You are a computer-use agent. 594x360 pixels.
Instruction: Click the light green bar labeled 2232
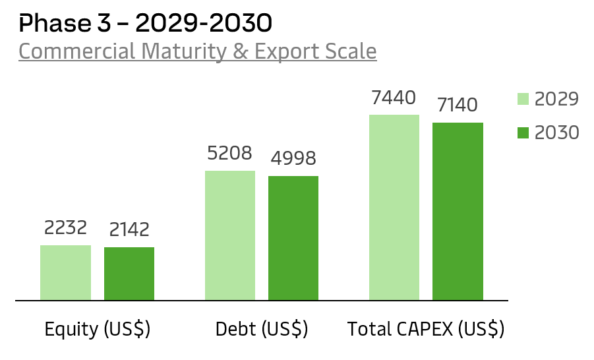tap(65, 272)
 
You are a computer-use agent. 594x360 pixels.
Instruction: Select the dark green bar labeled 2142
tap(129, 274)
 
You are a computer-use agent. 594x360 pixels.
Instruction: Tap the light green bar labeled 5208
tap(230, 235)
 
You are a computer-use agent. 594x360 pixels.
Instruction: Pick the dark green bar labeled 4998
tap(293, 238)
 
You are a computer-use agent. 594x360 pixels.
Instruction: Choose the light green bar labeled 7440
tap(394, 207)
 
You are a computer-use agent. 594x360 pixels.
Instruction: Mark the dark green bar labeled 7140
tap(458, 211)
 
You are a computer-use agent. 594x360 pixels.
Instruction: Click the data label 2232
tap(65, 227)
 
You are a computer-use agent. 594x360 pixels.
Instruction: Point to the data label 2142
tap(129, 229)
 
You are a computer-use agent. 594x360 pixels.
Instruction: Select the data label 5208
tap(230, 153)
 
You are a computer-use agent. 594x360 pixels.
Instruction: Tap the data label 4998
tap(293, 158)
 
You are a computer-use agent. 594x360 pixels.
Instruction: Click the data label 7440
tap(394, 98)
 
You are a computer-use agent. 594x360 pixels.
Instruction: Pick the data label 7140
tap(458, 105)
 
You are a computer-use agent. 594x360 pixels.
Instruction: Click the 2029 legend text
tap(556, 99)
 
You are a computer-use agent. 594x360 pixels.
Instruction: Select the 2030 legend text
tap(556, 133)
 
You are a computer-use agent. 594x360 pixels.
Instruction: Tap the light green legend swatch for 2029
tap(523, 99)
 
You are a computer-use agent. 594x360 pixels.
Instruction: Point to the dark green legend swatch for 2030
tap(523, 133)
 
